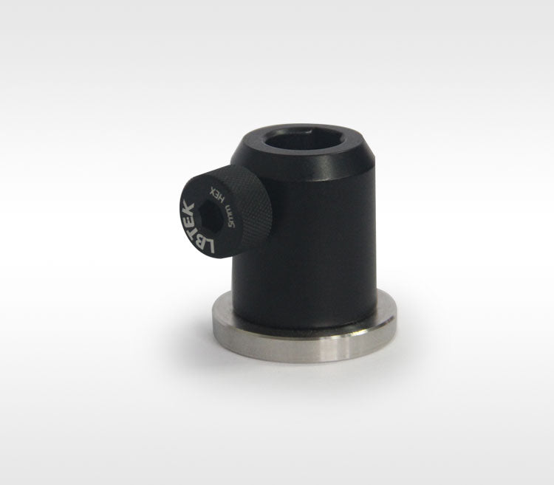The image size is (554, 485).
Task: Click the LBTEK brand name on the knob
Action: [x=195, y=227]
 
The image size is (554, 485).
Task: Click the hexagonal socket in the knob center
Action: [x=210, y=217]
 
